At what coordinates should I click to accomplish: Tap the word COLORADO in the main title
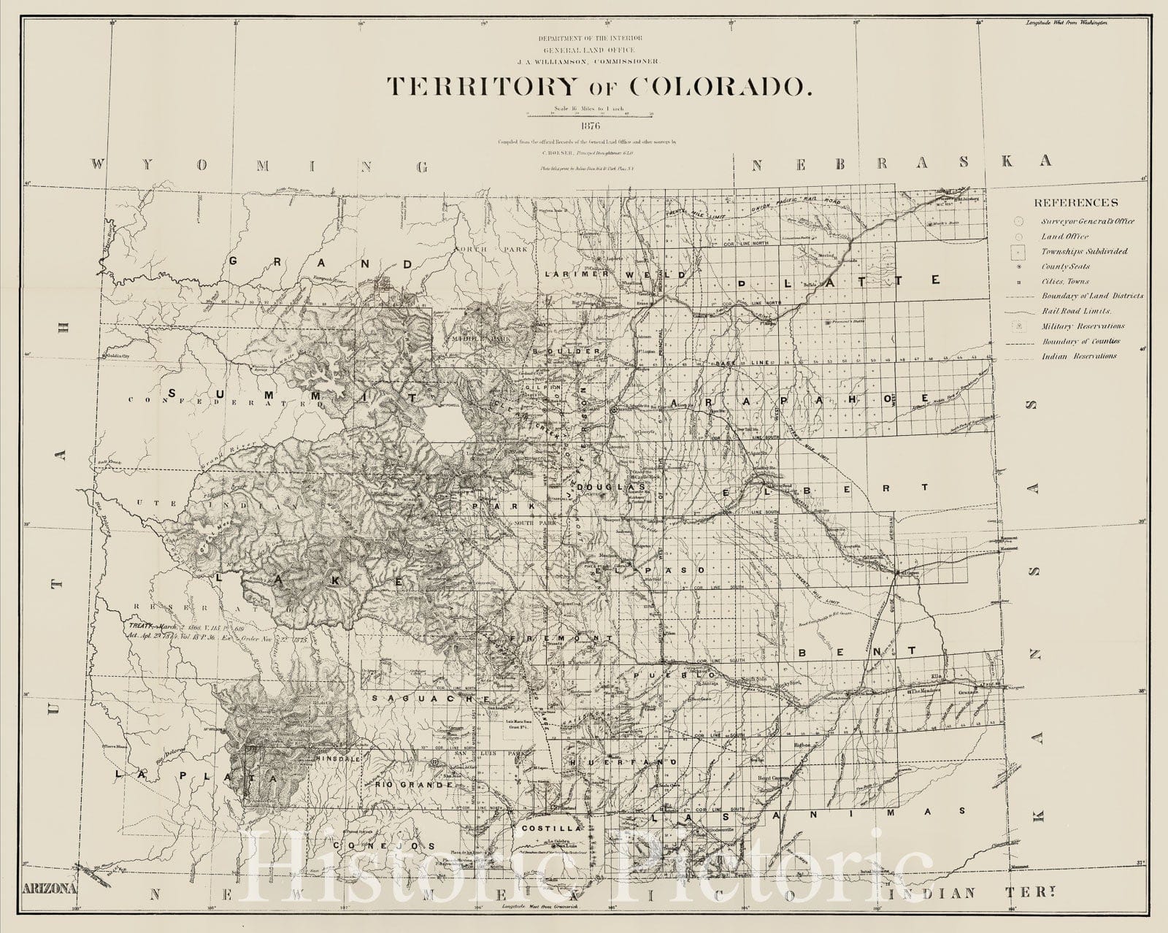point(718,85)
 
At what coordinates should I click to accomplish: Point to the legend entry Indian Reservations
point(1079,356)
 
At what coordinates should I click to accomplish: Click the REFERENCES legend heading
point(1075,202)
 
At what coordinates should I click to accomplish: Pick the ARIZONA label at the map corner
point(50,888)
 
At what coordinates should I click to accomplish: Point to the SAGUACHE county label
point(429,699)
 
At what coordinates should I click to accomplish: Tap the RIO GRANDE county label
point(415,783)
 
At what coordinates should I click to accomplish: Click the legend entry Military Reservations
point(1083,326)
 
